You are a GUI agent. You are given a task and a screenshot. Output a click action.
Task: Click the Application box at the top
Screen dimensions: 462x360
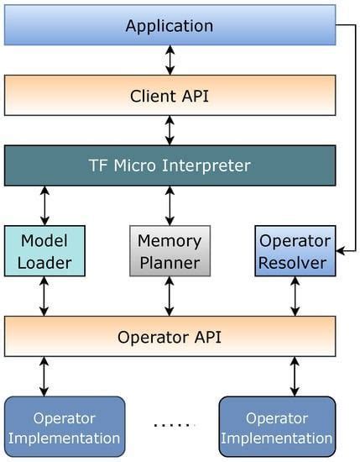click(x=170, y=25)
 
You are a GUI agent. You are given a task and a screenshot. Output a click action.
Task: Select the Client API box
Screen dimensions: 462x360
click(x=170, y=95)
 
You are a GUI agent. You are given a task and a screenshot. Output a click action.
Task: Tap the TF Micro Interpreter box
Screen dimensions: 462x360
click(x=170, y=165)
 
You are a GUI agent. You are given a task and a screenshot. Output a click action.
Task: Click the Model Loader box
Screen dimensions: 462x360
click(x=44, y=251)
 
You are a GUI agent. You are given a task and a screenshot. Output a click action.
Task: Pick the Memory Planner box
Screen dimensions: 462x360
click(x=170, y=251)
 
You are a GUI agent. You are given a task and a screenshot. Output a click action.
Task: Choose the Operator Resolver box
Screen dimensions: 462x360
click(x=295, y=251)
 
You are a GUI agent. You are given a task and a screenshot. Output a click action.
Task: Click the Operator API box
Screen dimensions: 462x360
click(x=170, y=337)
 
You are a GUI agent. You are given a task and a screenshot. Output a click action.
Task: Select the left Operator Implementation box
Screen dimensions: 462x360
click(x=65, y=427)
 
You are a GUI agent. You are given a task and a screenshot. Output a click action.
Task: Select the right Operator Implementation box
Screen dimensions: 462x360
click(x=277, y=427)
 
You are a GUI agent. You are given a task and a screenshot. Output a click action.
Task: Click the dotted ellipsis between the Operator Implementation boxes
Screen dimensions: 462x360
click(x=174, y=425)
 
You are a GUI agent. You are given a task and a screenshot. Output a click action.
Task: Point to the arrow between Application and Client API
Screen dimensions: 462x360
click(x=170, y=60)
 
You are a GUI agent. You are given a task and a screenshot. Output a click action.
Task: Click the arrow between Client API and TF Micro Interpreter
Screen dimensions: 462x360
click(x=170, y=129)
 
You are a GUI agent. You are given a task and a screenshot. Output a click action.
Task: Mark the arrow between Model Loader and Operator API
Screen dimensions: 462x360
click(x=44, y=297)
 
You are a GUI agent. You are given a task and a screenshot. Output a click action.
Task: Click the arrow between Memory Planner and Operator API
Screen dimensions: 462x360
click(x=170, y=297)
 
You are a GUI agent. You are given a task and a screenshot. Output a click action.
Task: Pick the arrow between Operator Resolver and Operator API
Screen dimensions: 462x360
click(x=295, y=297)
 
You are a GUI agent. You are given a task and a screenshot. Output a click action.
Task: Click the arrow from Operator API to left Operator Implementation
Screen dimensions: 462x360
click(x=44, y=376)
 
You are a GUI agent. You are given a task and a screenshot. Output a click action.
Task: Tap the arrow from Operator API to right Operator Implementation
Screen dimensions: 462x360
click(x=295, y=376)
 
